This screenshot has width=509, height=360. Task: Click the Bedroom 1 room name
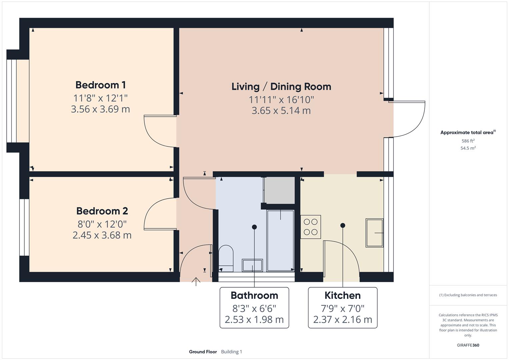point(100,85)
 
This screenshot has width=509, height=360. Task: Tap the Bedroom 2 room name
point(102,211)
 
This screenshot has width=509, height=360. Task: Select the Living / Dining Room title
point(281,87)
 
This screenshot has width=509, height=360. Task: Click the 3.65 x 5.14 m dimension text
point(281,111)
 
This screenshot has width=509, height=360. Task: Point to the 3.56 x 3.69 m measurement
point(100,109)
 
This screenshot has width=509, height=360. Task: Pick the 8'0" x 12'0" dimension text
point(102,224)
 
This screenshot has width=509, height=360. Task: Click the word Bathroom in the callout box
point(254,296)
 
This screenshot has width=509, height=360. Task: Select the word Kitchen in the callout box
point(342,296)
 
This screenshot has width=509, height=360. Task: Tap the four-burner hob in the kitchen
point(311,227)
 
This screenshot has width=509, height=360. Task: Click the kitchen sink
point(375,233)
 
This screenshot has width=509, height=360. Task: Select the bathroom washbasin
point(252,265)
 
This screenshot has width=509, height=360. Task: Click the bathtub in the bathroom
point(280,240)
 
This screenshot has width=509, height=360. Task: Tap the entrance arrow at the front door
point(196,282)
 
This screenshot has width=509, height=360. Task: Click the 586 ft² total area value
point(468,141)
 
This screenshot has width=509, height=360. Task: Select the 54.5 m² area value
point(468,148)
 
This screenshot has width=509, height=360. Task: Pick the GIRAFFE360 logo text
point(468,345)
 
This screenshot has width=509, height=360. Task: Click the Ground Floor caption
point(203,352)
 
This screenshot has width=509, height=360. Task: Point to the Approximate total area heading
point(468,133)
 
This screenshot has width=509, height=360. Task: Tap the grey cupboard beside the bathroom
point(280,190)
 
